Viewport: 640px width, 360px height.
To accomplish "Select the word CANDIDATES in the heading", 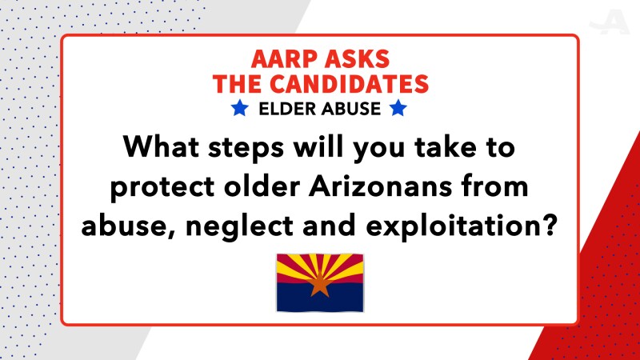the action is (x=349, y=84).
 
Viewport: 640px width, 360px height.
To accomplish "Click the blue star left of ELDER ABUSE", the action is (x=239, y=108).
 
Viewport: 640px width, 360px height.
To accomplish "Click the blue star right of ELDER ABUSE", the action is (x=398, y=108).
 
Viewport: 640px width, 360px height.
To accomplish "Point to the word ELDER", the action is (x=288, y=109).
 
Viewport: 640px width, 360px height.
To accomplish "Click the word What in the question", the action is (x=162, y=146).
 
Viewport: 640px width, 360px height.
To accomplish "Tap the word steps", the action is (x=246, y=149).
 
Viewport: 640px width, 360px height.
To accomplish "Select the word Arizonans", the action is (x=381, y=186).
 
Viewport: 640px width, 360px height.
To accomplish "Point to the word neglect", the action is (x=239, y=227).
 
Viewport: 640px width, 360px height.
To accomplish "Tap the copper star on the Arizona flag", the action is (x=319, y=284).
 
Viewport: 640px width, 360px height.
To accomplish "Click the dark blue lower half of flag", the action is (x=320, y=297).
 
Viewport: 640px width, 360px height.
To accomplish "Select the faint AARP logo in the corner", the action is (x=609, y=22).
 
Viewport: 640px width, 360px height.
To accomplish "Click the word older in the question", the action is (x=262, y=186).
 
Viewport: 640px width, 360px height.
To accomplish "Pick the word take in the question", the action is (x=446, y=146).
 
